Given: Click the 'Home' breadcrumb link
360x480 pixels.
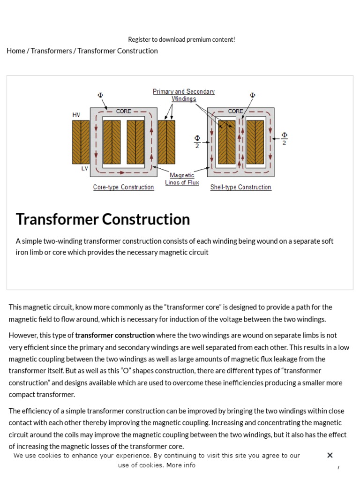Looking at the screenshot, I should click(x=15, y=51).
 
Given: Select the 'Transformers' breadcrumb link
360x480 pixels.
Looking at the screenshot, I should click(x=52, y=51).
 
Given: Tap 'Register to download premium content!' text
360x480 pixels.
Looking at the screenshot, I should click(x=181, y=39).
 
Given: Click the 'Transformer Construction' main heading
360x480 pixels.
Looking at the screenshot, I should click(x=103, y=219).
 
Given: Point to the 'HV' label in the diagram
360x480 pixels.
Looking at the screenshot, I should click(x=76, y=115).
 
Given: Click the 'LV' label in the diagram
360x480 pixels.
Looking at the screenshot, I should click(x=85, y=168).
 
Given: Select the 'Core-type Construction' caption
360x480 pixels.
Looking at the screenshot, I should click(x=123, y=187).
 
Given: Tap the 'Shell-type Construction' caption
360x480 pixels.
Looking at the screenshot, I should click(x=240, y=187).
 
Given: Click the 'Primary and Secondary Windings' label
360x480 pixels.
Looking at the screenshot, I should click(x=184, y=95).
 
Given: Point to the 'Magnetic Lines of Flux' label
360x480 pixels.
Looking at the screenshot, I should click(x=182, y=179).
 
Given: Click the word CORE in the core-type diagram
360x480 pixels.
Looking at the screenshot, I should click(x=124, y=111).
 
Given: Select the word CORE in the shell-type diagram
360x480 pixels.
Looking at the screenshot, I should click(x=235, y=111).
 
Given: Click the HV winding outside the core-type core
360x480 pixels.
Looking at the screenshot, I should click(x=81, y=142).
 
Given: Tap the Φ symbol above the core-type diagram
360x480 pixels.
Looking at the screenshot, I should click(x=100, y=95).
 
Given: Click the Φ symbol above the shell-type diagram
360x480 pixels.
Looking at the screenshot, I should click(x=253, y=95).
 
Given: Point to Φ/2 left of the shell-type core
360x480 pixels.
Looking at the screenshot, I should click(x=197, y=142).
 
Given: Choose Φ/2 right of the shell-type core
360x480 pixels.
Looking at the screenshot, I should click(x=284, y=139).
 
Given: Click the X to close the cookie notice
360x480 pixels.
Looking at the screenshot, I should click(x=330, y=455).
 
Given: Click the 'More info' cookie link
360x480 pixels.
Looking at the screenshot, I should click(x=181, y=465).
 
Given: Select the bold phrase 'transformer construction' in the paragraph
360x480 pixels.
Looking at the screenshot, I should click(x=115, y=335).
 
